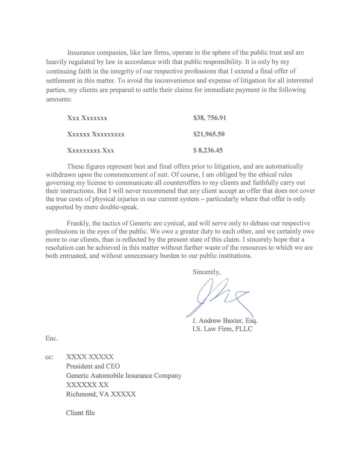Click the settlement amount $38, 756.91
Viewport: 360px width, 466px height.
[210, 118]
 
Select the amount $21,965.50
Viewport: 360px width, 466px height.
[209, 134]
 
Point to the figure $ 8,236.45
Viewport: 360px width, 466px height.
[209, 151]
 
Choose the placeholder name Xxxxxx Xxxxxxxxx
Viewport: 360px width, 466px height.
[95, 134]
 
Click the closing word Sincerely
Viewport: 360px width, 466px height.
[206, 272]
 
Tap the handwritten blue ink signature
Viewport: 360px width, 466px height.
[219, 297]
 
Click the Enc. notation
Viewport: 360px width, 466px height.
[52, 339]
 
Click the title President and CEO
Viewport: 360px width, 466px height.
[93, 366]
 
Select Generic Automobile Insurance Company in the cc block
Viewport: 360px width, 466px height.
[123, 376]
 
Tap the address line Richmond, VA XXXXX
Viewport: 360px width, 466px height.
[101, 394]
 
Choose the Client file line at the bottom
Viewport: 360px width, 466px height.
[80, 412]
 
